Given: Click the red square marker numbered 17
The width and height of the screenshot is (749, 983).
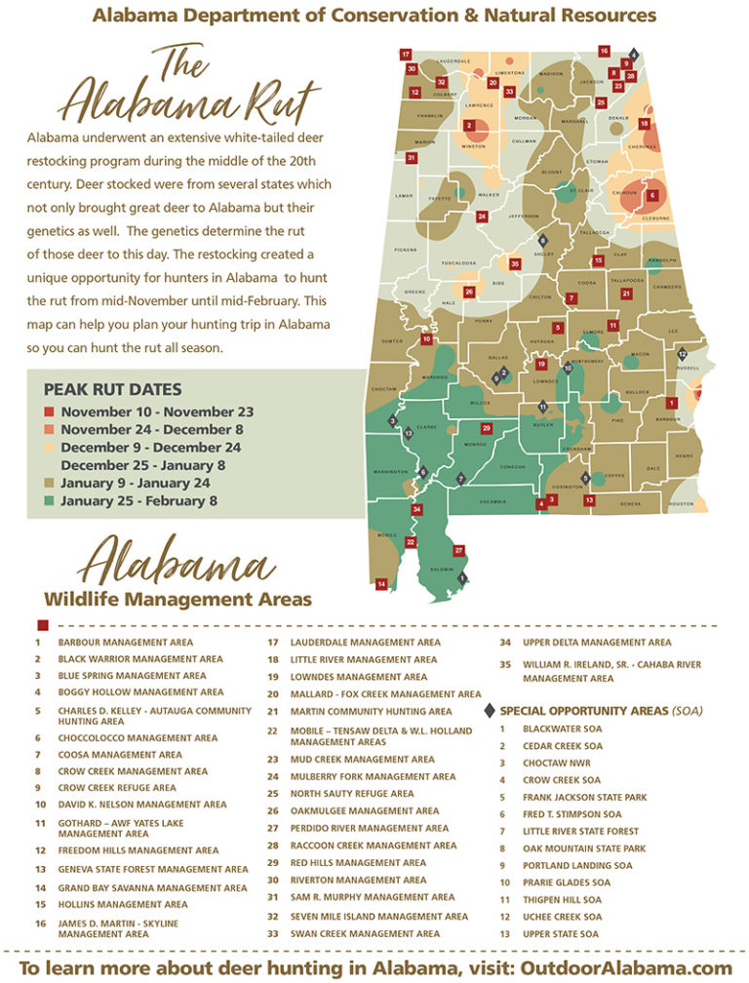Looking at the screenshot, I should tap(405, 55).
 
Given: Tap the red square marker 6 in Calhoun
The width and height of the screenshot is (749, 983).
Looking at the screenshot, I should tap(652, 195).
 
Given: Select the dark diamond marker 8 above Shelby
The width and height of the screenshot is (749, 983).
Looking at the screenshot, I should tap(543, 240).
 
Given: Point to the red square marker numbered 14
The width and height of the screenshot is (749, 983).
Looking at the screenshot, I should tap(381, 583).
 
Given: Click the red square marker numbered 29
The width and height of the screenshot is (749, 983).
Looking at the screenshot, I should tap(487, 428).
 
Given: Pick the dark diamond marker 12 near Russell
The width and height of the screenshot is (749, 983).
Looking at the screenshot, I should tap(682, 353).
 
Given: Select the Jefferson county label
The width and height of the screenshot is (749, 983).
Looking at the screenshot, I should tap(523, 216).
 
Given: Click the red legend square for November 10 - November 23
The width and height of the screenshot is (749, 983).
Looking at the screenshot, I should tap(49, 413).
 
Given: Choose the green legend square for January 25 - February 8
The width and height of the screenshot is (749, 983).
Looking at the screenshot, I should tap(49, 501).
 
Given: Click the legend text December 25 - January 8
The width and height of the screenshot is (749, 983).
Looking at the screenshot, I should tap(142, 465).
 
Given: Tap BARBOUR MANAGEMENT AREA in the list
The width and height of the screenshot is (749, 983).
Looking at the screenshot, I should tap(125, 643).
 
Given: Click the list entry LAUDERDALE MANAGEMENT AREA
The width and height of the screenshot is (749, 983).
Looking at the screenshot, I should tap(367, 643).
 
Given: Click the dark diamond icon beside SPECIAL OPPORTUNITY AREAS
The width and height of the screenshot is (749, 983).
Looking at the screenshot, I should tap(490, 711).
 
